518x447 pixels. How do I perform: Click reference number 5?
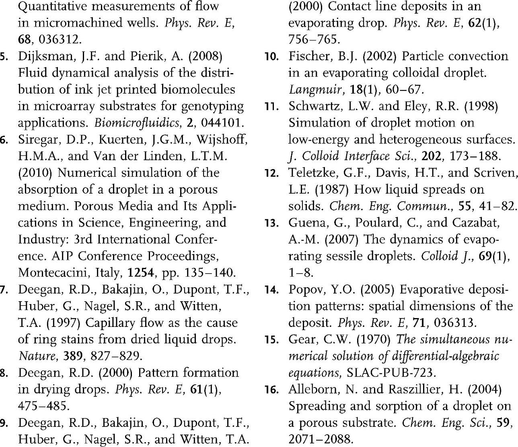pyautogui.click(x=3, y=56)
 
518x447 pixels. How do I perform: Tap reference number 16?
pyautogui.click(x=272, y=390)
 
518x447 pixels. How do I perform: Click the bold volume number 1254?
pyautogui.click(x=141, y=273)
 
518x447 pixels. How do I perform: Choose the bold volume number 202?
pyautogui.click(x=432, y=156)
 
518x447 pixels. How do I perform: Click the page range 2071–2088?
pyautogui.click(x=321, y=439)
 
